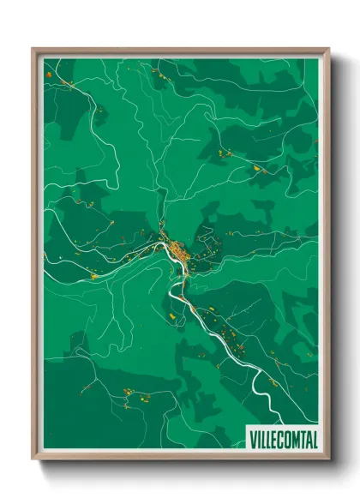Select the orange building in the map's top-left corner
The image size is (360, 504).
click(x=50, y=75)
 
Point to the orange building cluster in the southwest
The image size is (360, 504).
click(x=130, y=393)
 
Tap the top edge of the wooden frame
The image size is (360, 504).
click(x=180, y=51)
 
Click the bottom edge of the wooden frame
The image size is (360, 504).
click(x=180, y=456)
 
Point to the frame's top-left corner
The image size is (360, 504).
click(x=35, y=51)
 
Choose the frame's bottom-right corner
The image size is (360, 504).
click(x=327, y=456)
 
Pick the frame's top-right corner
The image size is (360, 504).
click(x=327, y=51)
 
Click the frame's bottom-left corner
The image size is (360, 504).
click(x=35, y=456)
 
